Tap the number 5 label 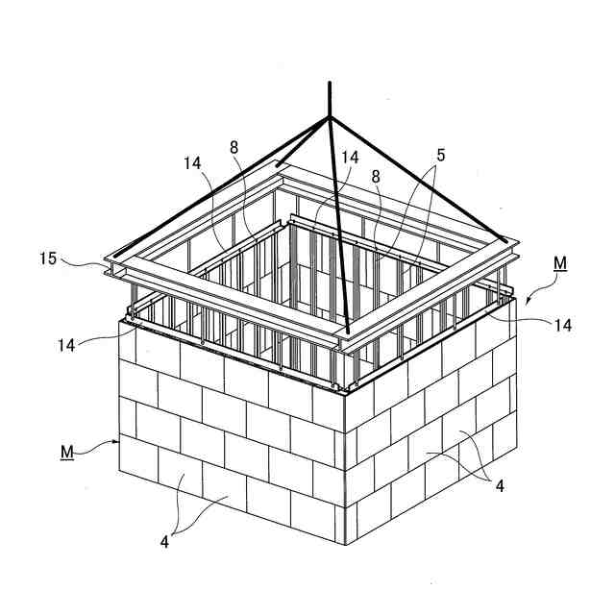tap(439, 154)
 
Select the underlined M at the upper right tap(560, 262)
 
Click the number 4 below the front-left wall tap(165, 541)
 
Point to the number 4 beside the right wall tap(500, 486)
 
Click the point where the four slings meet tap(330, 117)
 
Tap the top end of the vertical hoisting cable tap(330, 83)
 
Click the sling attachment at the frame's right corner tap(506, 240)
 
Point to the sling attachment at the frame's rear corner tap(279, 165)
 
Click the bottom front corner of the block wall tap(344, 544)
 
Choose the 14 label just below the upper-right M tap(563, 326)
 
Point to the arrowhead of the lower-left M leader tap(120, 441)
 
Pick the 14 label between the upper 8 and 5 tap(349, 157)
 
